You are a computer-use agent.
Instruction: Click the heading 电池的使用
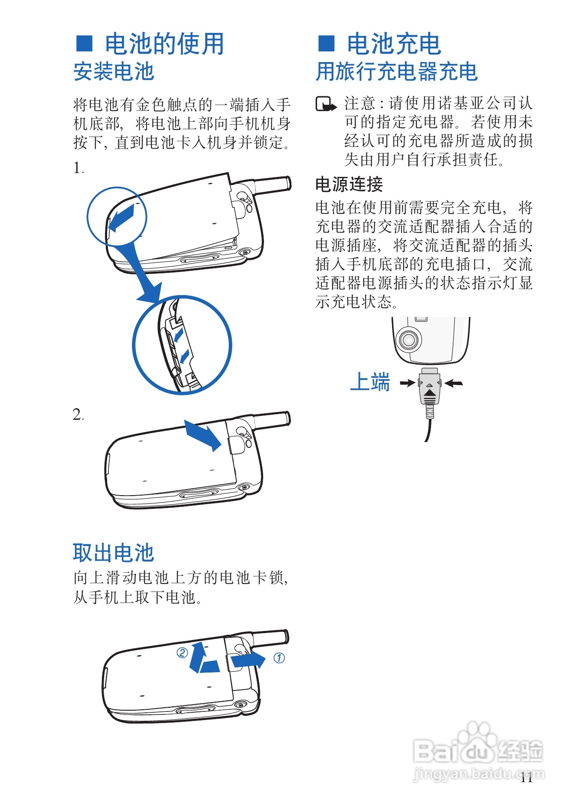tap(165, 44)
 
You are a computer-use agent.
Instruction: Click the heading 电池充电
tap(394, 44)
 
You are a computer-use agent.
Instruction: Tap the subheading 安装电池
tap(114, 72)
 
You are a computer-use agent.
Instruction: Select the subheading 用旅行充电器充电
tap(396, 72)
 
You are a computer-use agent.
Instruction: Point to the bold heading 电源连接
tap(349, 184)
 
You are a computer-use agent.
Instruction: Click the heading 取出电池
tap(114, 553)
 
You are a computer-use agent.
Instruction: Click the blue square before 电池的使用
tap(84, 43)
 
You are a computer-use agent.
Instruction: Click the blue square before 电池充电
tap(326, 43)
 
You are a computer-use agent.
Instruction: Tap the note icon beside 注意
tap(326, 104)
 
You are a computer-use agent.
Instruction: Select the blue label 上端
tap(370, 382)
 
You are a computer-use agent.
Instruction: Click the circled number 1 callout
tap(279, 658)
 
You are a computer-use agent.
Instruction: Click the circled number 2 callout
tap(183, 653)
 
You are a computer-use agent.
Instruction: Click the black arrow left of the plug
tap(407, 383)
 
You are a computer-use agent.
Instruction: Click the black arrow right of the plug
tap(454, 383)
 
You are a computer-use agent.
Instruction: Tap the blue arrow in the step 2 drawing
tap(203, 435)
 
